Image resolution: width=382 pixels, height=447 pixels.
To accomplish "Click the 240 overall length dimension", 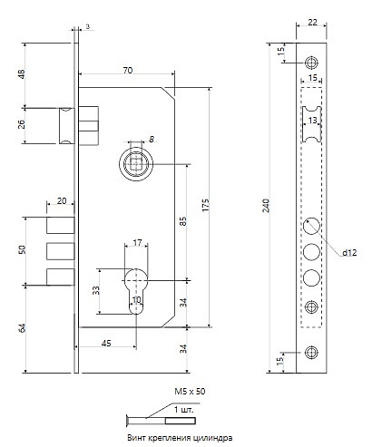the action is coord(266,206).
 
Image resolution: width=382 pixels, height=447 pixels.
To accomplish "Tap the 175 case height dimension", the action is coord(205,205).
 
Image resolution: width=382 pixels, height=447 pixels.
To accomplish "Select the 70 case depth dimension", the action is coord(128,71).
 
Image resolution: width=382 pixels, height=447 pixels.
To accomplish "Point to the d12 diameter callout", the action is coord(349,252).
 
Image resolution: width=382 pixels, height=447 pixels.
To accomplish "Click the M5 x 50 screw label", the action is coord(190,392).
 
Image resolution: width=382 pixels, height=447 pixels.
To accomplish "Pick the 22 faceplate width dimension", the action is coord(312,22).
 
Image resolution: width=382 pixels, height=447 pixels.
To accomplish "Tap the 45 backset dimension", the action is coord(106,344).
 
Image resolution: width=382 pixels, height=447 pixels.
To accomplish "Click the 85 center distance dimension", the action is coord(183,221).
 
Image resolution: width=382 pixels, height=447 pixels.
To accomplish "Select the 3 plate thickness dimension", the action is coord(88,26).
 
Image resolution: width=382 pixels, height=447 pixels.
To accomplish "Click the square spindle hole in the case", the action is coord(136,163).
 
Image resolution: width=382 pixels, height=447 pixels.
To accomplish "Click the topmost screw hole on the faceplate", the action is coord(311,63).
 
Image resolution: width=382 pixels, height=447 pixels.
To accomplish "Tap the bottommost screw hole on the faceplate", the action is coord(311,353).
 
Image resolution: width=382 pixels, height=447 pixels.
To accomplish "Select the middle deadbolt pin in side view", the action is coord(61,251).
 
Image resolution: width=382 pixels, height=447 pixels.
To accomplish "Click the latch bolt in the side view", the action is coord(66,125).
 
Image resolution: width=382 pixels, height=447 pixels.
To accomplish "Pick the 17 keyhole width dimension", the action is coord(137,243).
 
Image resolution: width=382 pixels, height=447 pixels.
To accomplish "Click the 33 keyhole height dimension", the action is coord(96,290).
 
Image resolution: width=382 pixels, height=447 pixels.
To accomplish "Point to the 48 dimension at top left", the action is coord(22,74).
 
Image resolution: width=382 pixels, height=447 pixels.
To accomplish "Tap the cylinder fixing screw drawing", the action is coord(161,421).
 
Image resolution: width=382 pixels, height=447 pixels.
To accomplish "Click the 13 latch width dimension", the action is coord(312,121).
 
